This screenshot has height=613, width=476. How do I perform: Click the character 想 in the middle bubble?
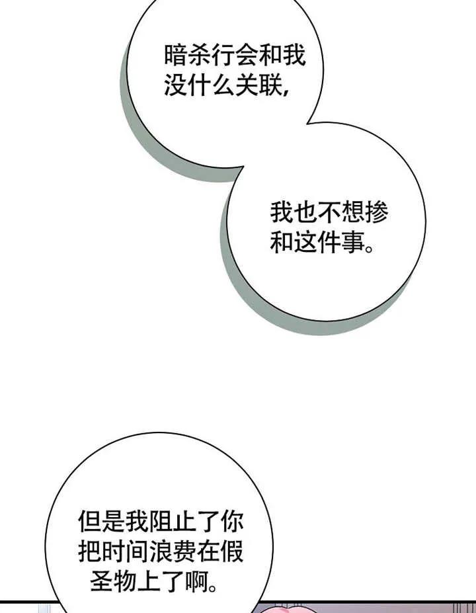pos(352,212)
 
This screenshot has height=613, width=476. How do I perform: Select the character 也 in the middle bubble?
pos(305,212)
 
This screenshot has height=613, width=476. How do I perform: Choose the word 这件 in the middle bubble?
pos(317,243)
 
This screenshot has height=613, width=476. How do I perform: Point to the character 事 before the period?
pos(353,243)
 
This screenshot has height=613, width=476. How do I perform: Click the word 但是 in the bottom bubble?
pos(100,522)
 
